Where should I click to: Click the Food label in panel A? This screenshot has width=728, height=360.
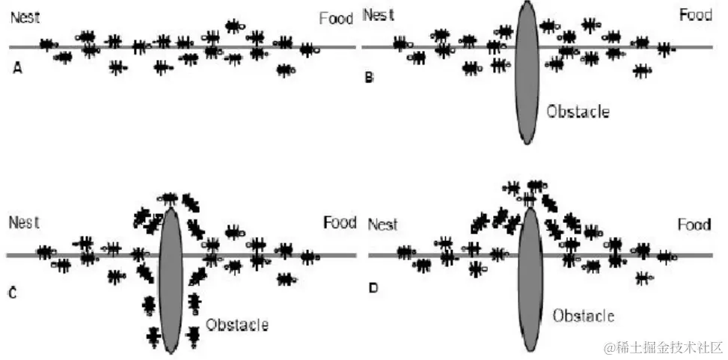[336, 19]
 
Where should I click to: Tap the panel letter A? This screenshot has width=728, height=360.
[18, 69]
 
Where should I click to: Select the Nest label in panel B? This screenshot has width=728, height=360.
[377, 15]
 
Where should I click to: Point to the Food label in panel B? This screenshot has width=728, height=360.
[695, 15]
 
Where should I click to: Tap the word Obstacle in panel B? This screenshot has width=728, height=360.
[578, 112]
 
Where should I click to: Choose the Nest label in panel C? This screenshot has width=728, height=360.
[24, 222]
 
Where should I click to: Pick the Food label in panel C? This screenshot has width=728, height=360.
[340, 222]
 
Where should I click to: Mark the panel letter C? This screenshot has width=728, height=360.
[13, 293]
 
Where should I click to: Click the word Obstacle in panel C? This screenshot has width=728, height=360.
[236, 325]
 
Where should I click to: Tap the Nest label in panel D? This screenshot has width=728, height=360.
[384, 225]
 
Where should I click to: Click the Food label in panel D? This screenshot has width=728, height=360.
[694, 225]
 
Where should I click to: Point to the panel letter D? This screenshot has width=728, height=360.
[375, 287]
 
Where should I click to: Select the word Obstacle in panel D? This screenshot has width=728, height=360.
[584, 316]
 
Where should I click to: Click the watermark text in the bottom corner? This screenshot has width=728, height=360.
[664, 347]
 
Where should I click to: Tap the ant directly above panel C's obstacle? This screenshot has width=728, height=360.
[168, 198]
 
